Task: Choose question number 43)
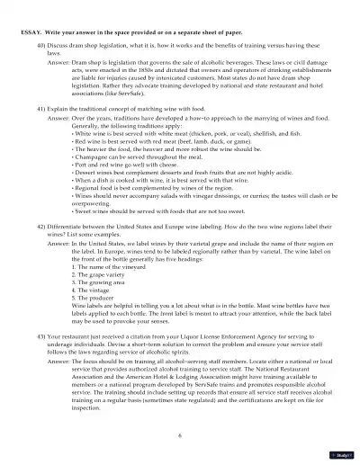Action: tap(41, 335)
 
